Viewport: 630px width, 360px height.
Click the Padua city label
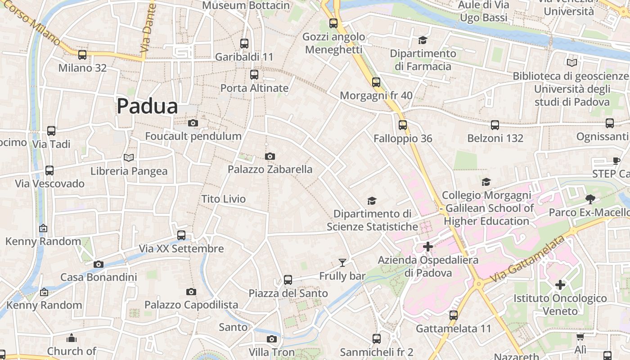pyautogui.click(x=147, y=107)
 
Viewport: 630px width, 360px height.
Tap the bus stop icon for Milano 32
pyautogui.click(x=82, y=55)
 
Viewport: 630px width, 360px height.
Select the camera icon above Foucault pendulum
pyautogui.click(x=193, y=123)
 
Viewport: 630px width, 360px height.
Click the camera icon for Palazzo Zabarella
pyautogui.click(x=270, y=156)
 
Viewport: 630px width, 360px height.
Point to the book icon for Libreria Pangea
pyautogui.click(x=129, y=157)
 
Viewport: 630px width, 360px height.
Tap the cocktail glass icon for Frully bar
pyautogui.click(x=342, y=262)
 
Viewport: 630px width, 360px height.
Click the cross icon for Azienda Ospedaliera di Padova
pyautogui.click(x=428, y=246)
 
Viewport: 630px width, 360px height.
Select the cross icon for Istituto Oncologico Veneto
pyautogui.click(x=560, y=284)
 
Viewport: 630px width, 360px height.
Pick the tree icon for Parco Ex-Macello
pyautogui.click(x=590, y=199)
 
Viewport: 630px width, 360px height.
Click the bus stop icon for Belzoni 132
pyautogui.click(x=495, y=125)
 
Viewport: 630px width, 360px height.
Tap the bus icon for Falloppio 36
pyautogui.click(x=403, y=125)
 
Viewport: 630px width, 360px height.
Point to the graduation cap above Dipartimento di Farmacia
pyautogui.click(x=422, y=40)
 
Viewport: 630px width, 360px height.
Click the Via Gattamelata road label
pyautogui.click(x=527, y=260)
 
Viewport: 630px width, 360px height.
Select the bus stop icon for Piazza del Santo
pyautogui.click(x=288, y=279)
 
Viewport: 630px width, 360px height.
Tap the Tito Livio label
pyautogui.click(x=223, y=199)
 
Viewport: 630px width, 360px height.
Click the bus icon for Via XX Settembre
pyautogui.click(x=181, y=235)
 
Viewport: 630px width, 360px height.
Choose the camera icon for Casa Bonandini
pyautogui.click(x=99, y=264)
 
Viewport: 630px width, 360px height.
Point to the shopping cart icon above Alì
pyautogui.click(x=580, y=337)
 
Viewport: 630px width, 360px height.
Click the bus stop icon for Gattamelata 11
pyautogui.click(x=454, y=315)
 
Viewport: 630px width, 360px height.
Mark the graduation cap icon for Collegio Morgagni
pyautogui.click(x=486, y=182)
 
